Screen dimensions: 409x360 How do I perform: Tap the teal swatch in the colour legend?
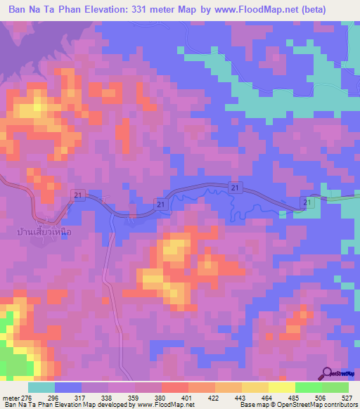pos(41,387)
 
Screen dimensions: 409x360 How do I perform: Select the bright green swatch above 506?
pos(308,387)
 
